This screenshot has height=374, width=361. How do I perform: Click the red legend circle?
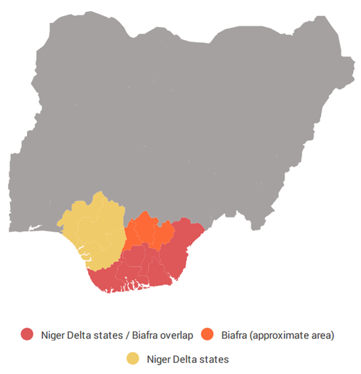pos(27,335)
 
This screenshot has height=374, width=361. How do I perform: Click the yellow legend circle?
pos(133,358)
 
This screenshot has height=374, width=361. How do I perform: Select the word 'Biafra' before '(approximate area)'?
pos(236,335)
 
